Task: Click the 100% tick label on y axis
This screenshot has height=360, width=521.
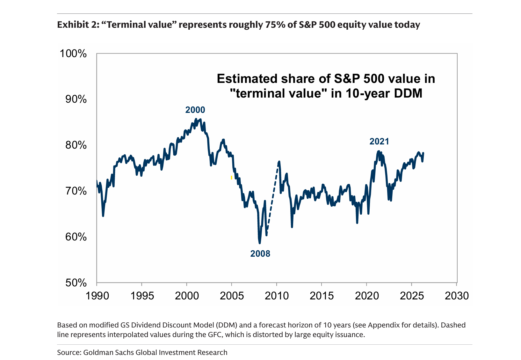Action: pos(73,54)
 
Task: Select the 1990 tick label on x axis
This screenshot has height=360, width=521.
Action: pos(97,296)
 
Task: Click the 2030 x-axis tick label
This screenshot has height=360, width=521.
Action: pos(457,296)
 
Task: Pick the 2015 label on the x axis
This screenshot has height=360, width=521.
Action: pos(322,296)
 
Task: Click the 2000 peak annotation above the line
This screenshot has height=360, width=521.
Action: pos(195,110)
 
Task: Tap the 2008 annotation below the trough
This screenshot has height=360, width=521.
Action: pos(260,254)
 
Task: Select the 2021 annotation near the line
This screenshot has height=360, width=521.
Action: pos(379,142)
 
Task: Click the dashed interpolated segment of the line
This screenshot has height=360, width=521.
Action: pos(272,198)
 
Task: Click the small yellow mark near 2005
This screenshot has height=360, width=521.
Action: pos(231,178)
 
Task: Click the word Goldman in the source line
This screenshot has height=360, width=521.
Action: pos(96,352)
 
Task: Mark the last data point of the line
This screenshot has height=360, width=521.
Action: pos(423,153)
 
